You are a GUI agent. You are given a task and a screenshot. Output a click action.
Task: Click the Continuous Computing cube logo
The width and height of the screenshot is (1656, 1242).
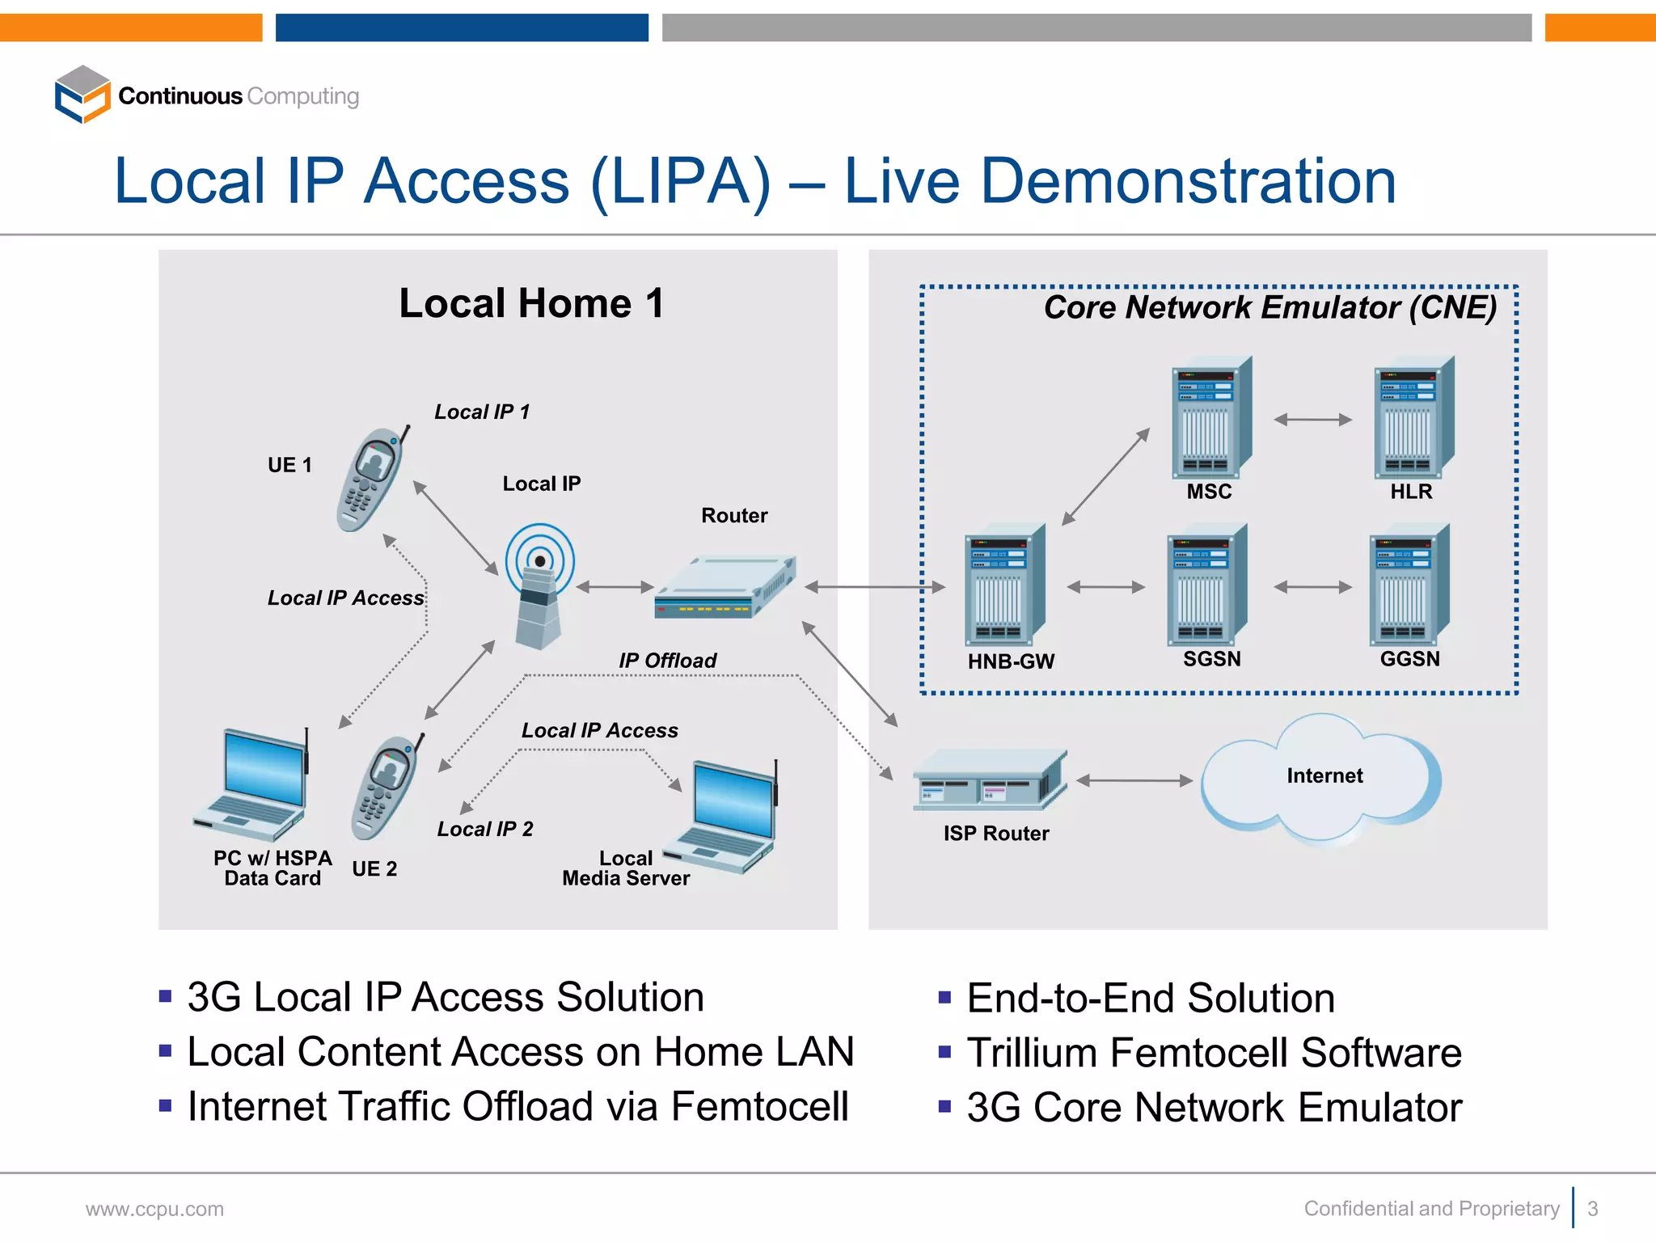[82, 95]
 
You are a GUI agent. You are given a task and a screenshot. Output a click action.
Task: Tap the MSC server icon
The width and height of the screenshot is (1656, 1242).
[1210, 418]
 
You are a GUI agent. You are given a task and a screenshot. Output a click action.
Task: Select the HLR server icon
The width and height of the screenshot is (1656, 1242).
[1413, 418]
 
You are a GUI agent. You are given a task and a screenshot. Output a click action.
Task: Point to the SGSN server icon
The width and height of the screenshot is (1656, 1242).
[1206, 585]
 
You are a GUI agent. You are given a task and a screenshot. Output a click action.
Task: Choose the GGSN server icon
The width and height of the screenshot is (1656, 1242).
[1408, 585]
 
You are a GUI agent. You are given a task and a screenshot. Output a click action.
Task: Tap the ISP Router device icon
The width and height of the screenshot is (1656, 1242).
[989, 779]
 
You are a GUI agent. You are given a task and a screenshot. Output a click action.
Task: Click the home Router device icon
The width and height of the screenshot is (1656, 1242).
[724, 588]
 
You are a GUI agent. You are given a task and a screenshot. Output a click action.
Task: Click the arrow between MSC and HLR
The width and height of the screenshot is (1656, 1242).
[1312, 420]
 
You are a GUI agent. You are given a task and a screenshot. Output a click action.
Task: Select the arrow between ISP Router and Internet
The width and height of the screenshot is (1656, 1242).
[1134, 780]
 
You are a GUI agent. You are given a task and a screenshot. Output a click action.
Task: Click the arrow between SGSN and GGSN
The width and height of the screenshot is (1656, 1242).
[1312, 587]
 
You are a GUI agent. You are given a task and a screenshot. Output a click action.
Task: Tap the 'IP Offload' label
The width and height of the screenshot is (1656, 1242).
[667, 661]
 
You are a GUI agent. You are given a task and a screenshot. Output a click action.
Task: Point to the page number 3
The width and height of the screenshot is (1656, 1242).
[1592, 1208]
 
